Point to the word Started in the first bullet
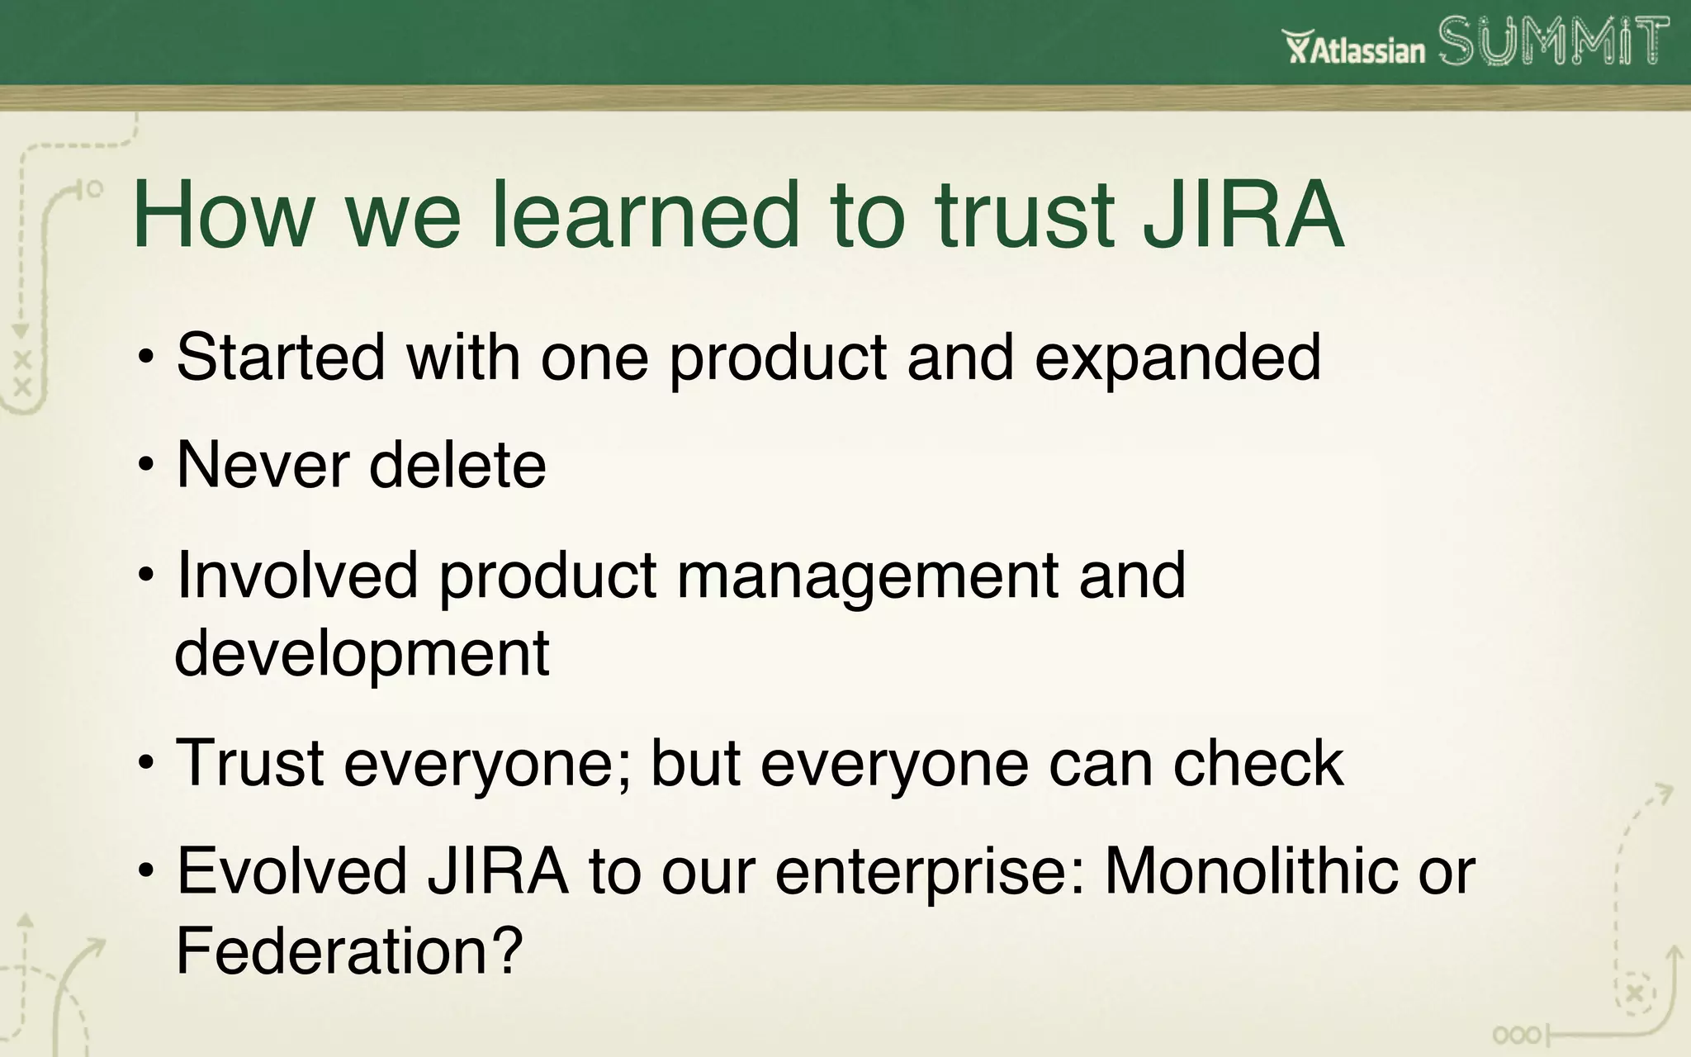281,357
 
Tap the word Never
263,465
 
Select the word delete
457,465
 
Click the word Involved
297,575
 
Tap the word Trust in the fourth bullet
249,762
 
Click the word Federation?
350,950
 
